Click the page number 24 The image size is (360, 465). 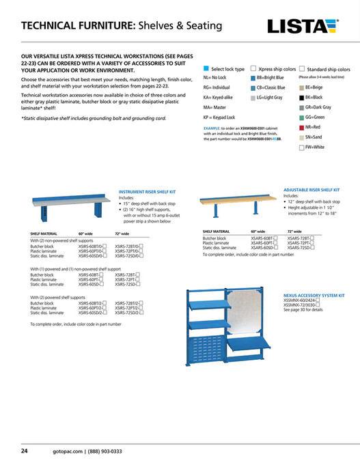click(24, 451)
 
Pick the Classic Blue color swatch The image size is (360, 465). click(253, 89)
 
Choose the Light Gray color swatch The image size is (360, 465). click(253, 98)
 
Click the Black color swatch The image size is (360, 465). click(301, 98)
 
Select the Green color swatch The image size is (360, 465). click(301, 117)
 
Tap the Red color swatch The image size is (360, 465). click(301, 127)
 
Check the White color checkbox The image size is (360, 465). click(301, 147)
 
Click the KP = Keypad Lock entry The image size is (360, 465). click(224, 117)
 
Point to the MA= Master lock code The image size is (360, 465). click(217, 107)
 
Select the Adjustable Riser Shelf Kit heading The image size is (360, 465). click(311, 189)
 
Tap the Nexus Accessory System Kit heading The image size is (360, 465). click(314, 295)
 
